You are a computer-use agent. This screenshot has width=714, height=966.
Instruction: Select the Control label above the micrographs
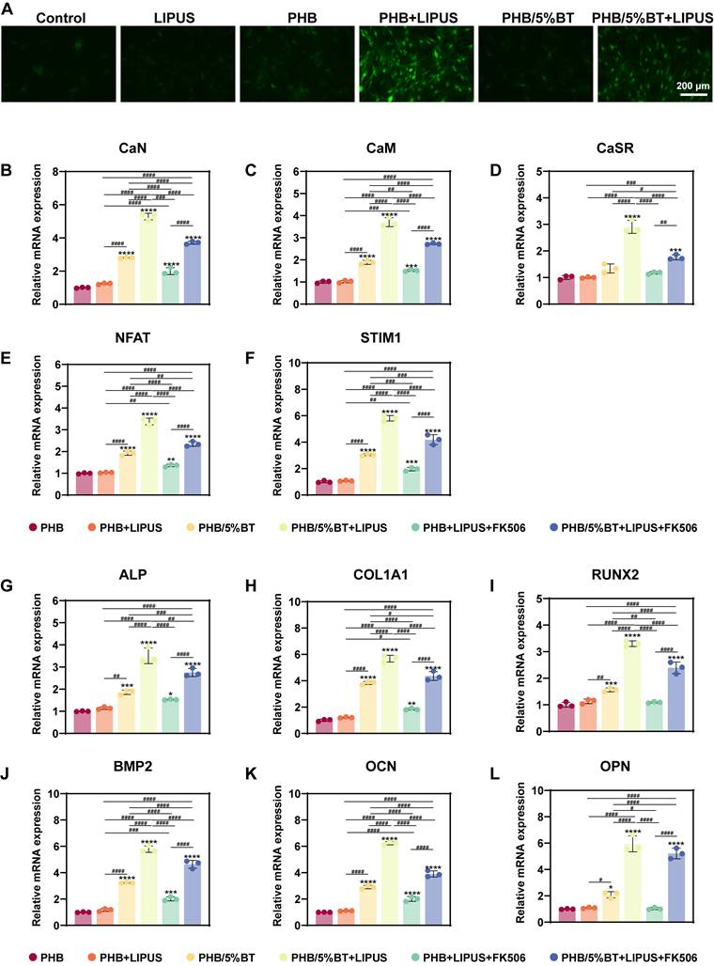(x=58, y=18)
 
